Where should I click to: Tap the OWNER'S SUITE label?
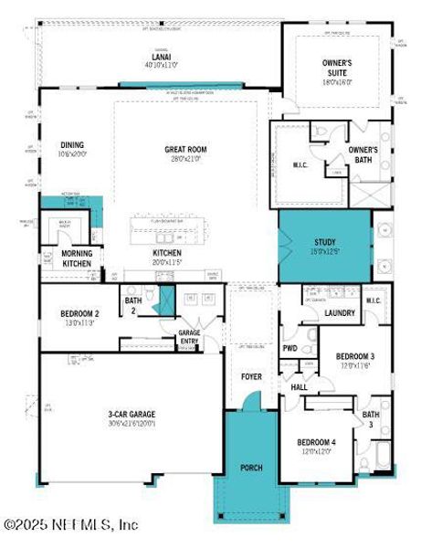tap(337, 67)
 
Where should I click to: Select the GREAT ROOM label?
tap(186, 151)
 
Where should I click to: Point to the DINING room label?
tap(73, 144)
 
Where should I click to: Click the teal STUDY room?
tap(324, 246)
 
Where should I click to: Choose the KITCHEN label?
tap(167, 253)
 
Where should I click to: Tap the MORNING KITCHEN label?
tap(76, 258)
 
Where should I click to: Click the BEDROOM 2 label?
tap(79, 313)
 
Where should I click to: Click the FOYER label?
tap(250, 375)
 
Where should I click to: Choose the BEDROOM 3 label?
tap(353, 355)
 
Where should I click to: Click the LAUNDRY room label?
tap(340, 313)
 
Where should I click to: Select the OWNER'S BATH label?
tap(363, 153)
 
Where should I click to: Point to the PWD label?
tap(289, 348)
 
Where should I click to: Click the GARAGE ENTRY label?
tap(188, 337)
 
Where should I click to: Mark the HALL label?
tap(299, 387)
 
